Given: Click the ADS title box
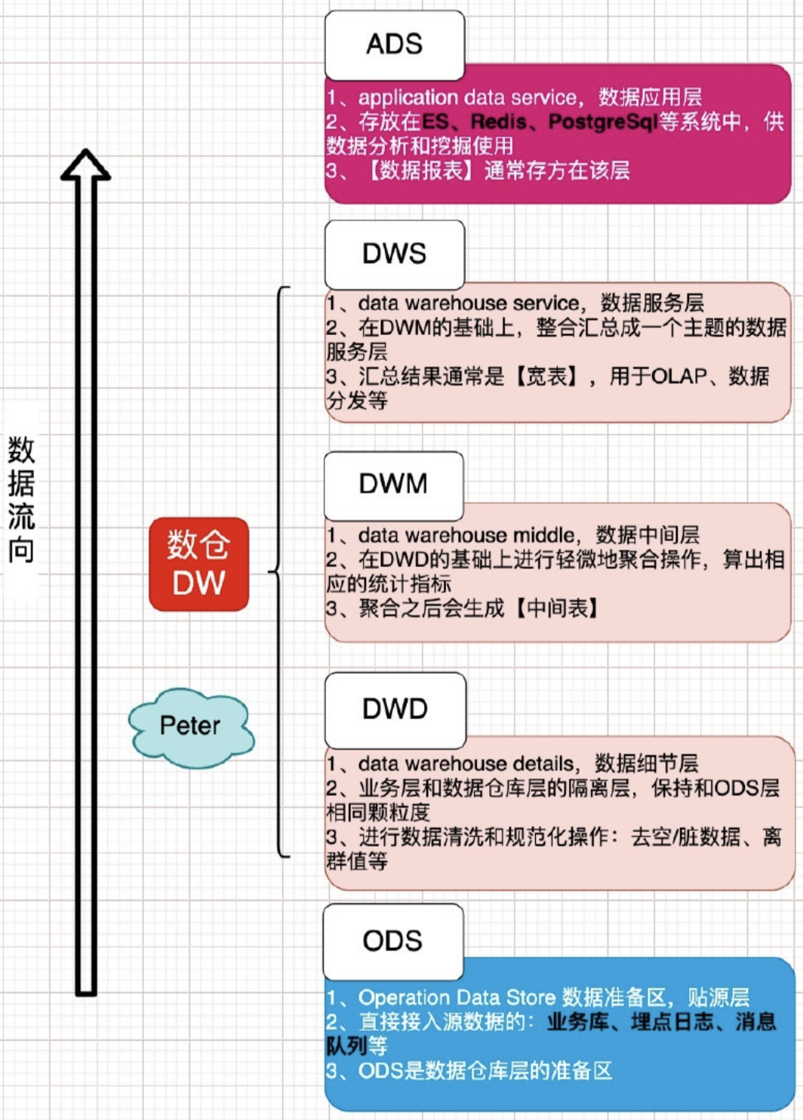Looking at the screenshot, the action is pos(395,45).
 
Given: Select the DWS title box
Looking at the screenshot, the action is pos(395,254).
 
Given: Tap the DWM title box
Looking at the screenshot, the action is pos(393,485).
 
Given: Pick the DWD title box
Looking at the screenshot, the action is pos(395,709).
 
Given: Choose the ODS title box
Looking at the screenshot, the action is pos(393,941).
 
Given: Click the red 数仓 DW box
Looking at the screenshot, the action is pos(198,564).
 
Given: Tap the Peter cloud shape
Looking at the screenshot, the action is pos(191,727).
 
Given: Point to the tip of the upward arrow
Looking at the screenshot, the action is pos(85,150).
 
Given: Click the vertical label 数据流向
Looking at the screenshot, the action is pos(21,500).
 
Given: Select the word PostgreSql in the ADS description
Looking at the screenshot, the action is pos(603,122).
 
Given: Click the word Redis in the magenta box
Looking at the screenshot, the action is pos(499,122).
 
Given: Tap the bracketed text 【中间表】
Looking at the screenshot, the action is pos(555,608).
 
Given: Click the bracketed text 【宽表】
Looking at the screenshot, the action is pos(548,377).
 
